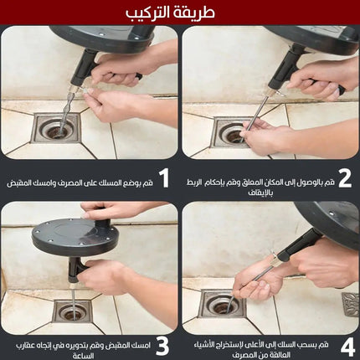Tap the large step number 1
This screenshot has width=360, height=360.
click(163, 177)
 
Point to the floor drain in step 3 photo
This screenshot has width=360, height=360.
click(72, 312)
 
